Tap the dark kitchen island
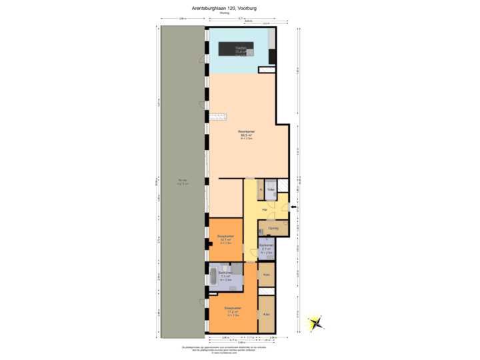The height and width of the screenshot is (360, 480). pyautogui.click(x=237, y=48)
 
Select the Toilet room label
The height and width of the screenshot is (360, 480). pyautogui.click(x=270, y=189)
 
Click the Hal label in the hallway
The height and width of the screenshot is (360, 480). pyautogui.click(x=265, y=210)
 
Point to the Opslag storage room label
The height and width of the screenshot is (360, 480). pyautogui.click(x=273, y=228)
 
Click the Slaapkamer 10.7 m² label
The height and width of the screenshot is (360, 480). pyautogui.click(x=225, y=239)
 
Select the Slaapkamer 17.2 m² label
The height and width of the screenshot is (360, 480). pyautogui.click(x=232, y=310)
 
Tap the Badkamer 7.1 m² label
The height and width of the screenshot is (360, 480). pyautogui.click(x=225, y=275)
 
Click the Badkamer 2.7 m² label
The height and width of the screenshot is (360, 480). pyautogui.click(x=267, y=247)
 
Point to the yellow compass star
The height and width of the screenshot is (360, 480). pyautogui.click(x=312, y=323)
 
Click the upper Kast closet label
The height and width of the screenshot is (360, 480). pyautogui.click(x=267, y=274)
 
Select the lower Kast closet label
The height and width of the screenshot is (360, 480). pyautogui.click(x=266, y=313)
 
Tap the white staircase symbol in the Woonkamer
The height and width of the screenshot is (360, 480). pyautogui.click(x=217, y=118)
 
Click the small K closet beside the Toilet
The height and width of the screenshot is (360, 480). pyautogui.click(x=261, y=189)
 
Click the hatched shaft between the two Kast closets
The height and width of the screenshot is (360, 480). pyautogui.click(x=267, y=295)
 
